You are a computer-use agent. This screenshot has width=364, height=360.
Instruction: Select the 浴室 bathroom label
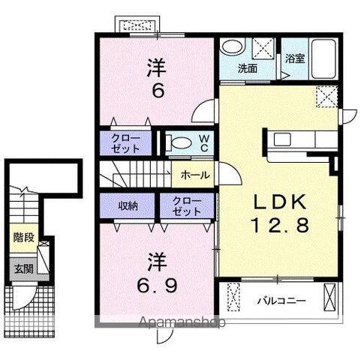click(x=294, y=58)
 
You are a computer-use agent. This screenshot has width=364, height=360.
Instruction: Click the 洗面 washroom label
click(x=248, y=68)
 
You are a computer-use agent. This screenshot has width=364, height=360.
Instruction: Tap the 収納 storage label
click(x=128, y=205)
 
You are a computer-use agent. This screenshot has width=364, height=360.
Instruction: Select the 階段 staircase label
click(x=23, y=238)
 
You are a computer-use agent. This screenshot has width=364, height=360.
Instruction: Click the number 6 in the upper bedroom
click(x=157, y=92)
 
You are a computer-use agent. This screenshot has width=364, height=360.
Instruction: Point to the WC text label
click(x=202, y=142)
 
